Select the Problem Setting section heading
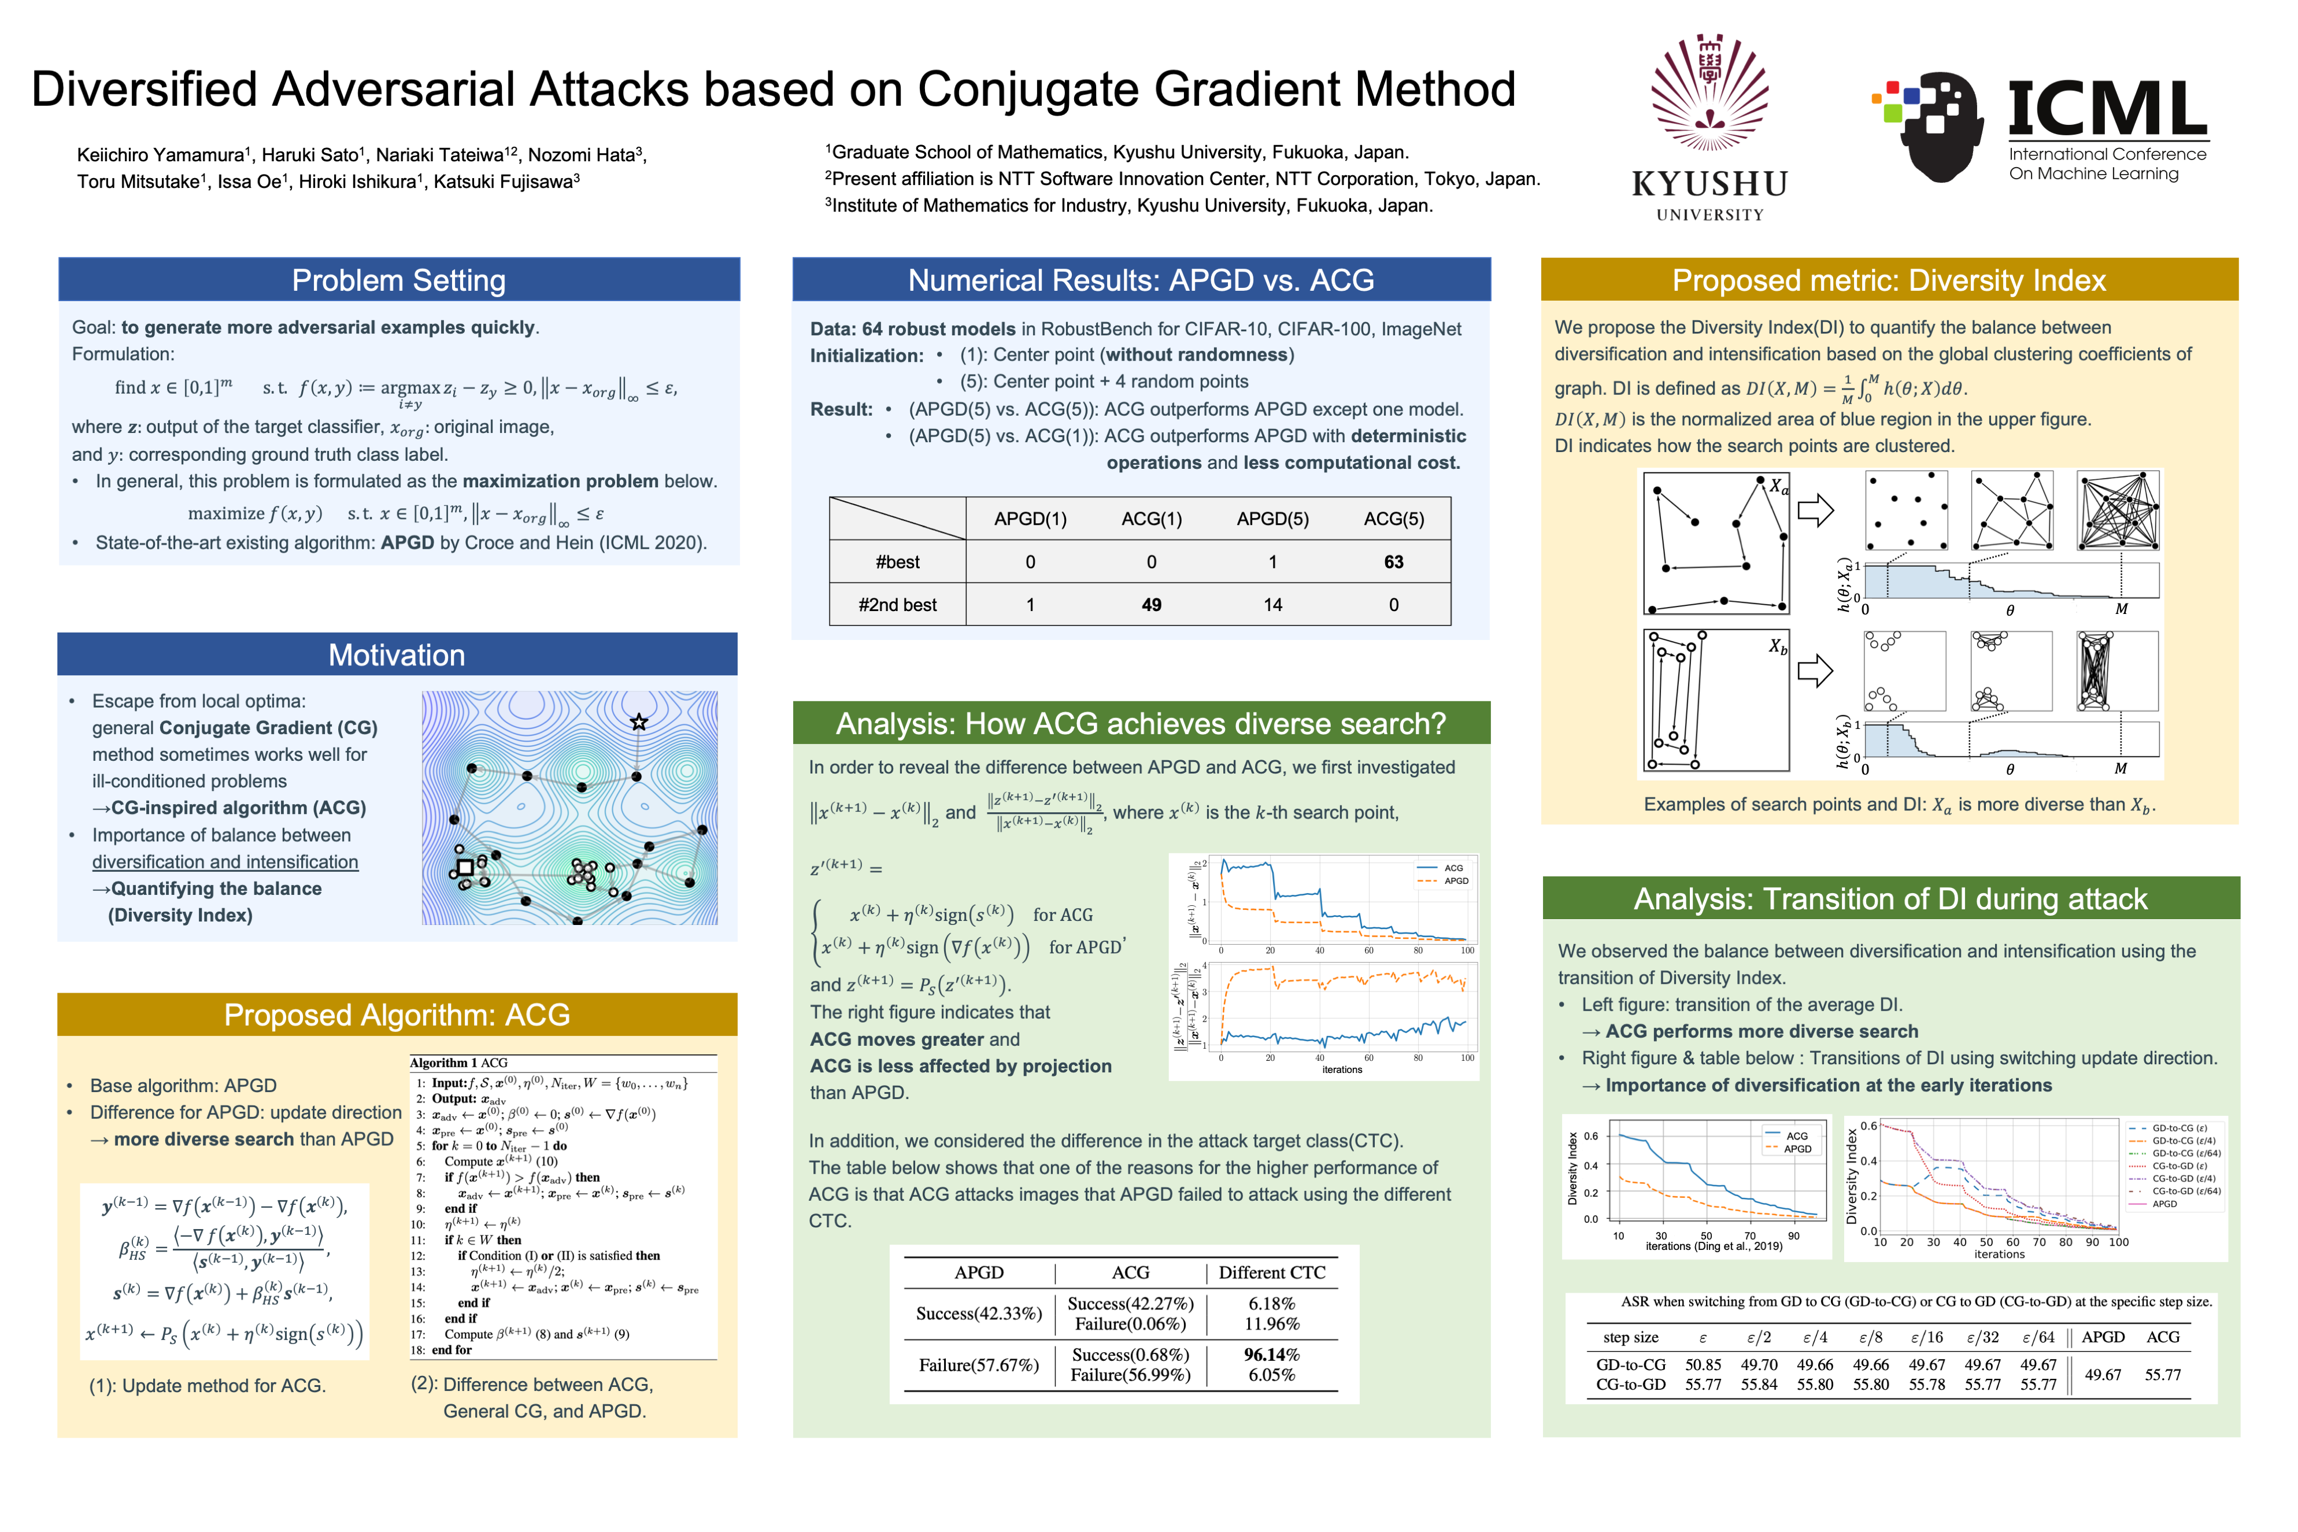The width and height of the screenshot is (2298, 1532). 399,280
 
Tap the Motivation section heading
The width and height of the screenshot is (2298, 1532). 397,654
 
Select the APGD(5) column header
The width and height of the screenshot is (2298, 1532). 1272,519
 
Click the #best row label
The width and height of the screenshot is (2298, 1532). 897,562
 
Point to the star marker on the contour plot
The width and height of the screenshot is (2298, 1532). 639,722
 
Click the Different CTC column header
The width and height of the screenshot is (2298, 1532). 1271,1272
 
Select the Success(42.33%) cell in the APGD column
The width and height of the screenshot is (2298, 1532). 979,1313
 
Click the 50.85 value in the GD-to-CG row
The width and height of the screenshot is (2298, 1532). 1703,1365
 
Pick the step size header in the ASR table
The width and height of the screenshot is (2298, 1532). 1631,1338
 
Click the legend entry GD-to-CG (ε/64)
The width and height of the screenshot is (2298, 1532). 2186,1153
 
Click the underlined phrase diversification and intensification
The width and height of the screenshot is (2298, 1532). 225,862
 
